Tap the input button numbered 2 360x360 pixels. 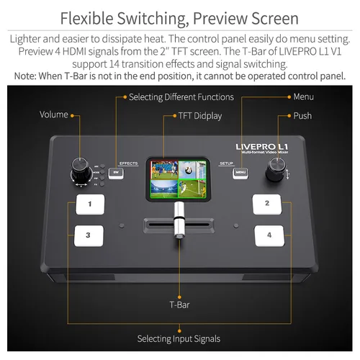(x=267, y=204)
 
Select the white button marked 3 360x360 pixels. (x=89, y=235)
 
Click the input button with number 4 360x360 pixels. (x=269, y=235)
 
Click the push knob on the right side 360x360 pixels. (x=275, y=170)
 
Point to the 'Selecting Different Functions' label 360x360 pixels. (x=181, y=96)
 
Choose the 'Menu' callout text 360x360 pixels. (x=303, y=96)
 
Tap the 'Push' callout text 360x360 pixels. (x=302, y=115)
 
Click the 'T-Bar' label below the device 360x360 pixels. (x=179, y=305)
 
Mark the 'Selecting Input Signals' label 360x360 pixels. (x=179, y=338)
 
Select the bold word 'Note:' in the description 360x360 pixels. (x=22, y=76)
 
